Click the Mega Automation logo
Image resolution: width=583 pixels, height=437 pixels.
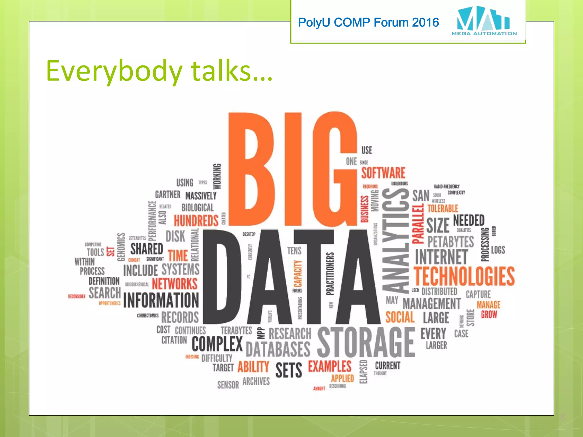[484, 21]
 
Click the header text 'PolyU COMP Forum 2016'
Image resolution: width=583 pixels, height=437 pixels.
[368, 22]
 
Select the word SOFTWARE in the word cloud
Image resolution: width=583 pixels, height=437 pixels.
[383, 173]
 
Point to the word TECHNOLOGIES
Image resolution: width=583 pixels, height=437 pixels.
[464, 276]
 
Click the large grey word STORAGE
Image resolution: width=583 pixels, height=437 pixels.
[366, 343]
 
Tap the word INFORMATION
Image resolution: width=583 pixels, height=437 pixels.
[161, 300]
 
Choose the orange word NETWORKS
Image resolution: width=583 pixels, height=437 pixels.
[175, 284]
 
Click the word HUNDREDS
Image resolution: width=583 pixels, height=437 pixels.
[196, 221]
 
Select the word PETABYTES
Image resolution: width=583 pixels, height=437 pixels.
[451, 242]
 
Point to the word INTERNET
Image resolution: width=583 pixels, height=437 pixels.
[442, 257]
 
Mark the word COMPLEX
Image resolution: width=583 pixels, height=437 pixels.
[217, 344]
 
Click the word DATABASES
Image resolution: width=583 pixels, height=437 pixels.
[278, 349]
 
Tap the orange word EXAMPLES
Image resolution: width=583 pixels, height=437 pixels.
[330, 366]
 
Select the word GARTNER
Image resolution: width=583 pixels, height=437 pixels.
[168, 195]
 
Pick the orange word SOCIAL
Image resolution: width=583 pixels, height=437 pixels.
[400, 317]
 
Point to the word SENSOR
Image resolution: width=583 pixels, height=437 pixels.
[228, 385]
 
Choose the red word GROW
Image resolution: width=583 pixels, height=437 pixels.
[489, 314]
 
